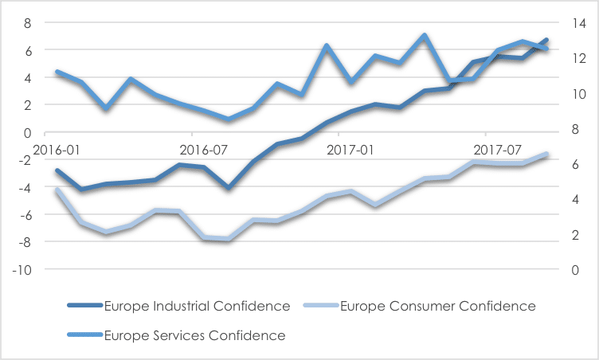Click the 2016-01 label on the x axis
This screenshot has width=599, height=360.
(x=57, y=148)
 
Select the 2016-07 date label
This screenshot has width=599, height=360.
(x=205, y=148)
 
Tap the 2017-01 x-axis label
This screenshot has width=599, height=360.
(x=352, y=148)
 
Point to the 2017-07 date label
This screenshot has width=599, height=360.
(x=498, y=148)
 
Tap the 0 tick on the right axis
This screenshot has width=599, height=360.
(x=574, y=269)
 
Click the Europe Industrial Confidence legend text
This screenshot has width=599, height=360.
(x=197, y=306)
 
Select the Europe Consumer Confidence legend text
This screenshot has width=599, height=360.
(x=437, y=306)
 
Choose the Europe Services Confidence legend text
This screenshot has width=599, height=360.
(x=194, y=335)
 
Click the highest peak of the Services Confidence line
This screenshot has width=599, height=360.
(x=425, y=36)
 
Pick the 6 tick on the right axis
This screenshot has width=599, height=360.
(x=574, y=164)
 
